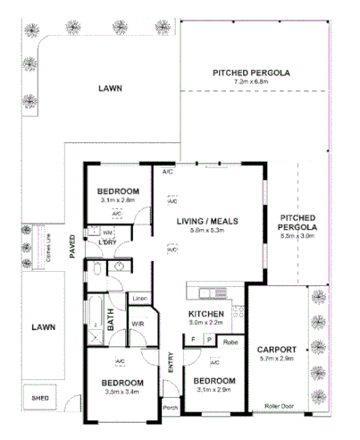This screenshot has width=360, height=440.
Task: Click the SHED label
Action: (39, 397)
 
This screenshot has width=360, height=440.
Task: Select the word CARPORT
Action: (276, 349)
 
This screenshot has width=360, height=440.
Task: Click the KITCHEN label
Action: (205, 313)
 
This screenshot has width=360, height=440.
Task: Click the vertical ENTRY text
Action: (170, 362)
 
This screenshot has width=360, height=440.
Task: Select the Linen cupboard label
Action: (139, 298)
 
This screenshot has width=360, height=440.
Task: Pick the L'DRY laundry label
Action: (108, 243)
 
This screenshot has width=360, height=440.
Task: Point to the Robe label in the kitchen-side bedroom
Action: (230, 341)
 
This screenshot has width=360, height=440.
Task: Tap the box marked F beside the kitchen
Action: (194, 341)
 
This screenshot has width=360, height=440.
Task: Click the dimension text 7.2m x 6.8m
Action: (251, 82)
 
